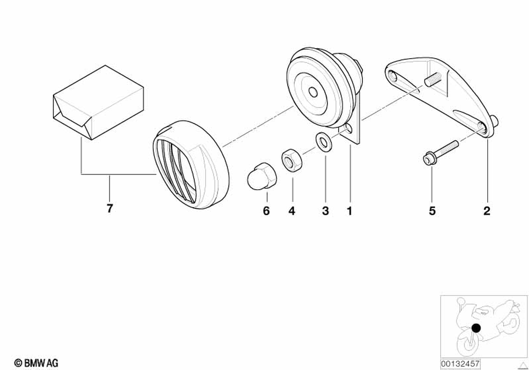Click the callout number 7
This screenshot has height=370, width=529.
(x=110, y=208)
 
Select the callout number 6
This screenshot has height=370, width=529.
(x=266, y=211)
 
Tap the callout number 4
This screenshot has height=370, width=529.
(x=291, y=211)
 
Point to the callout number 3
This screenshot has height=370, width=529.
(x=325, y=211)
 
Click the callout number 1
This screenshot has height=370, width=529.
(x=349, y=211)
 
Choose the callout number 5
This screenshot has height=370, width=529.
(x=432, y=211)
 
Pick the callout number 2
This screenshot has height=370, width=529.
(x=487, y=211)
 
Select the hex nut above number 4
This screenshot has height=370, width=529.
(x=290, y=159)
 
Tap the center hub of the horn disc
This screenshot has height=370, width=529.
(x=313, y=92)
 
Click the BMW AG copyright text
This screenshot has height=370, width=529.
(x=37, y=362)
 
